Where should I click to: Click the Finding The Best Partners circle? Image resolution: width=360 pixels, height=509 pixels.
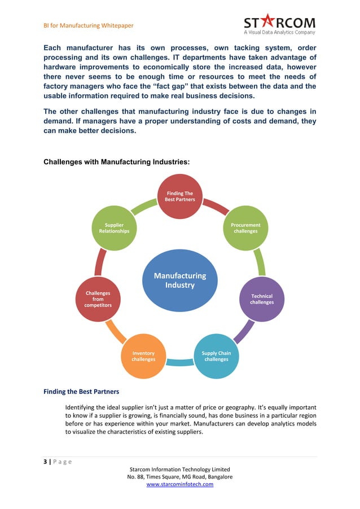coord(179,197)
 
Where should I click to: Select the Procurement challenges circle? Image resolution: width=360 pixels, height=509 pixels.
coord(245,228)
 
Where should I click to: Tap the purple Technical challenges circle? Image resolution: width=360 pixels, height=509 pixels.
coord(261,299)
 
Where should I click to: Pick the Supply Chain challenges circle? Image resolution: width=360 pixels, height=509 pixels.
coord(216,356)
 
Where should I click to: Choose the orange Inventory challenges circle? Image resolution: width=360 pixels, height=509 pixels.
coord(143,356)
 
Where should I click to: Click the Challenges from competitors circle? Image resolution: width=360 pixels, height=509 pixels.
coord(98,299)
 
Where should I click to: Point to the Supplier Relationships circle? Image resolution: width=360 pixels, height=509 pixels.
coord(114,228)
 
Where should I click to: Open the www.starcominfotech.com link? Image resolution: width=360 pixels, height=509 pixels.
coord(179,484)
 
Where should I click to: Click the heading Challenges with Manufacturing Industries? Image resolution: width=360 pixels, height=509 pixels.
coord(116,162)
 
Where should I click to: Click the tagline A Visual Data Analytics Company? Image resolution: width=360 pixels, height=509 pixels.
coord(279,33)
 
